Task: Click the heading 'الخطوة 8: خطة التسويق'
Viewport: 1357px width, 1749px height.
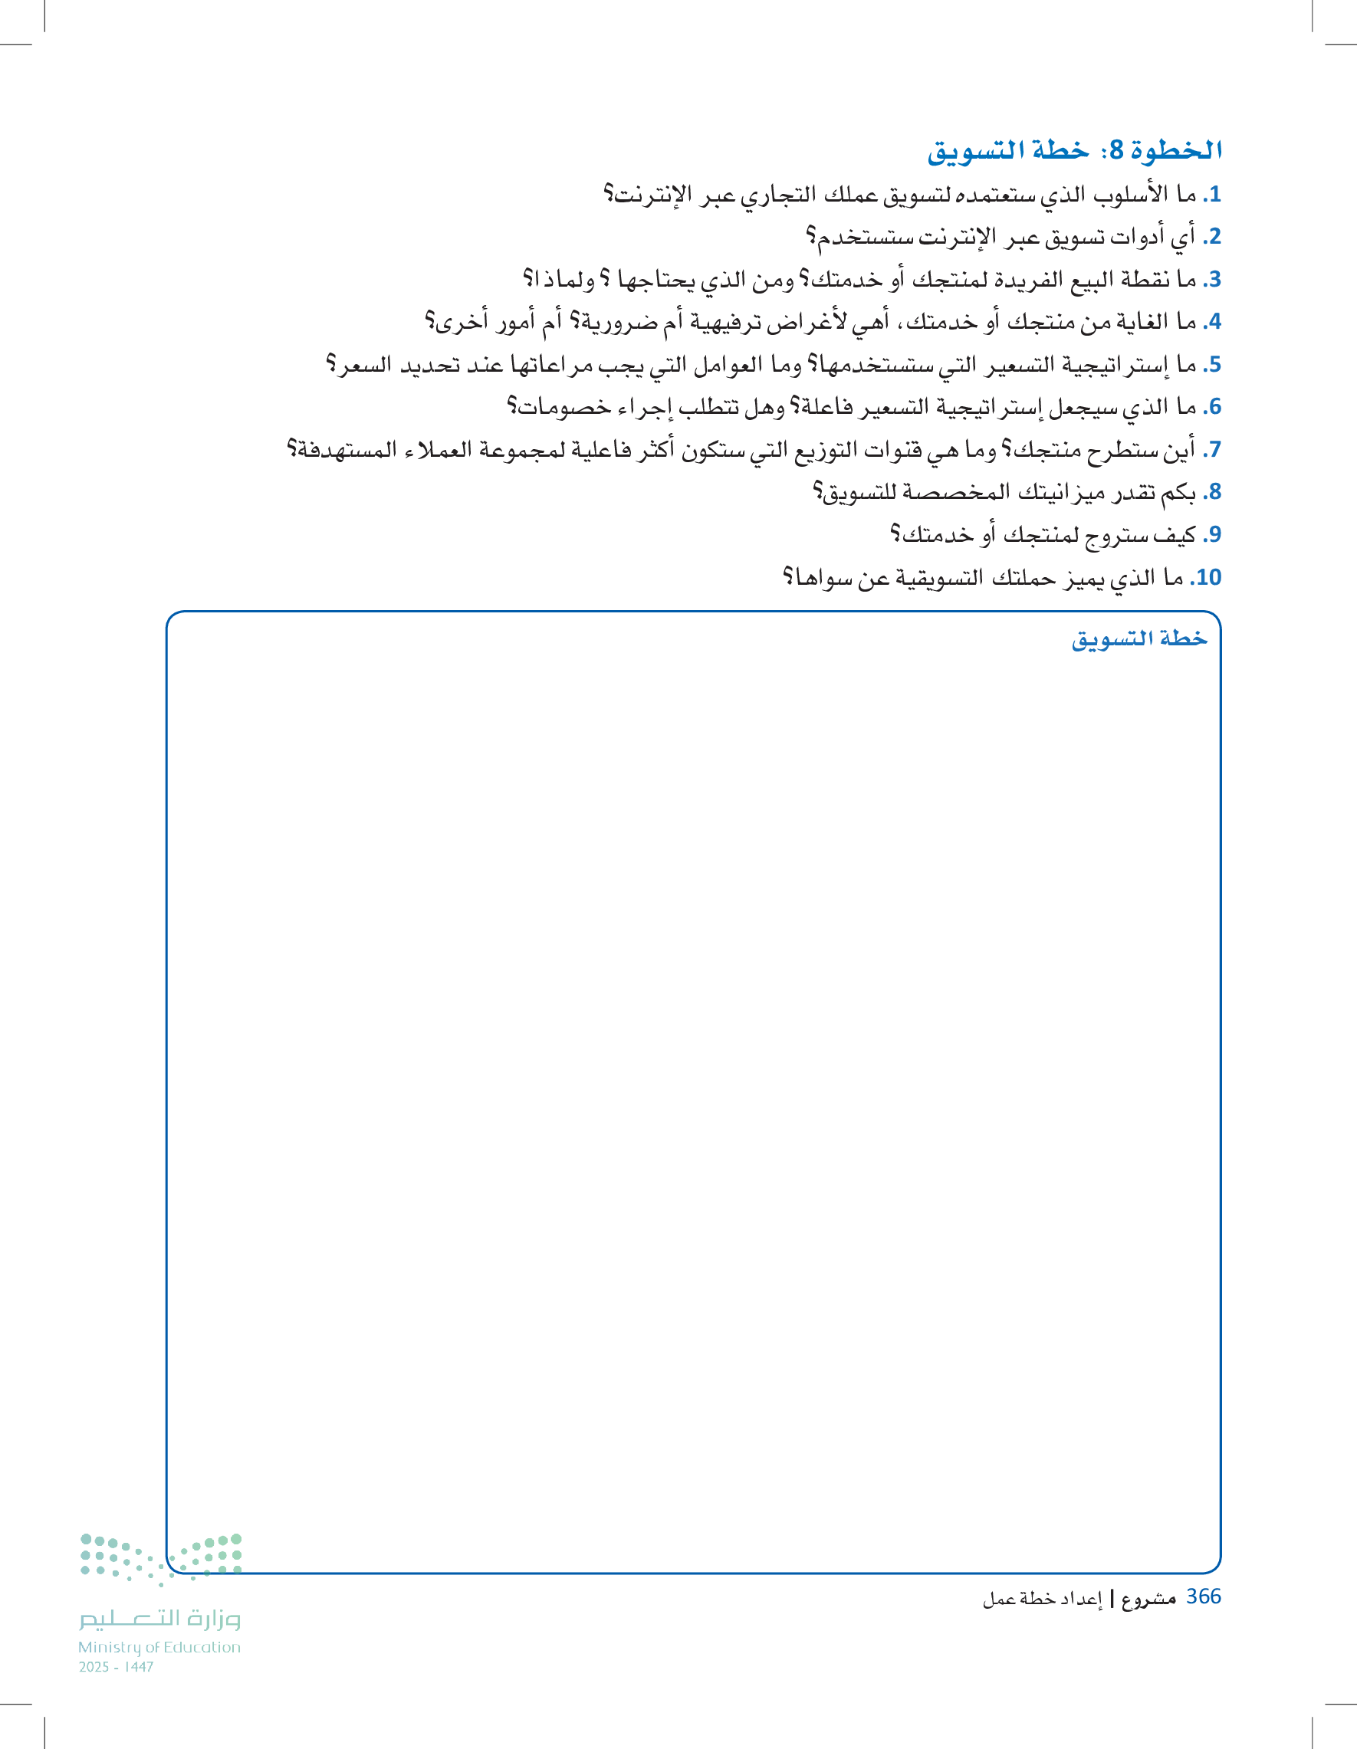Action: (x=1074, y=149)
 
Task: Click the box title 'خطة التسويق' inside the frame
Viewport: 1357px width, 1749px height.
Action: (x=1139, y=638)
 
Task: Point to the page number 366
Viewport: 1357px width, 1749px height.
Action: (x=1203, y=1596)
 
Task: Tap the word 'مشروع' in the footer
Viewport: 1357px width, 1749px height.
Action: (x=1148, y=1600)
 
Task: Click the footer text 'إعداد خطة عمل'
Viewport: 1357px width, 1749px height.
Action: (x=1043, y=1600)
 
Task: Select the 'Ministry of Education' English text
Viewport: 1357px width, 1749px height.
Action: (x=159, y=1647)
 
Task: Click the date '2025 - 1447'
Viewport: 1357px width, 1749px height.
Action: (x=117, y=1666)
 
